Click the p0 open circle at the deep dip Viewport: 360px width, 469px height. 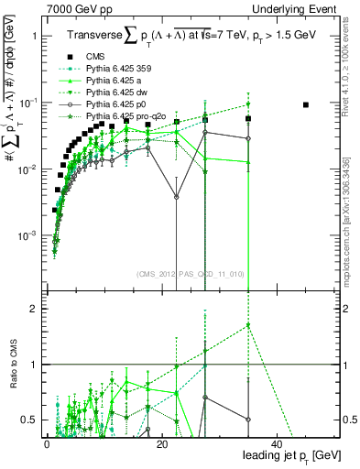[177, 196]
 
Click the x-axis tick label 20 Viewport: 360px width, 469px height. [161, 443]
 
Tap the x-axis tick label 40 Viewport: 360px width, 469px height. [277, 443]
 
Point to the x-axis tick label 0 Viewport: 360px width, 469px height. [46, 443]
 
